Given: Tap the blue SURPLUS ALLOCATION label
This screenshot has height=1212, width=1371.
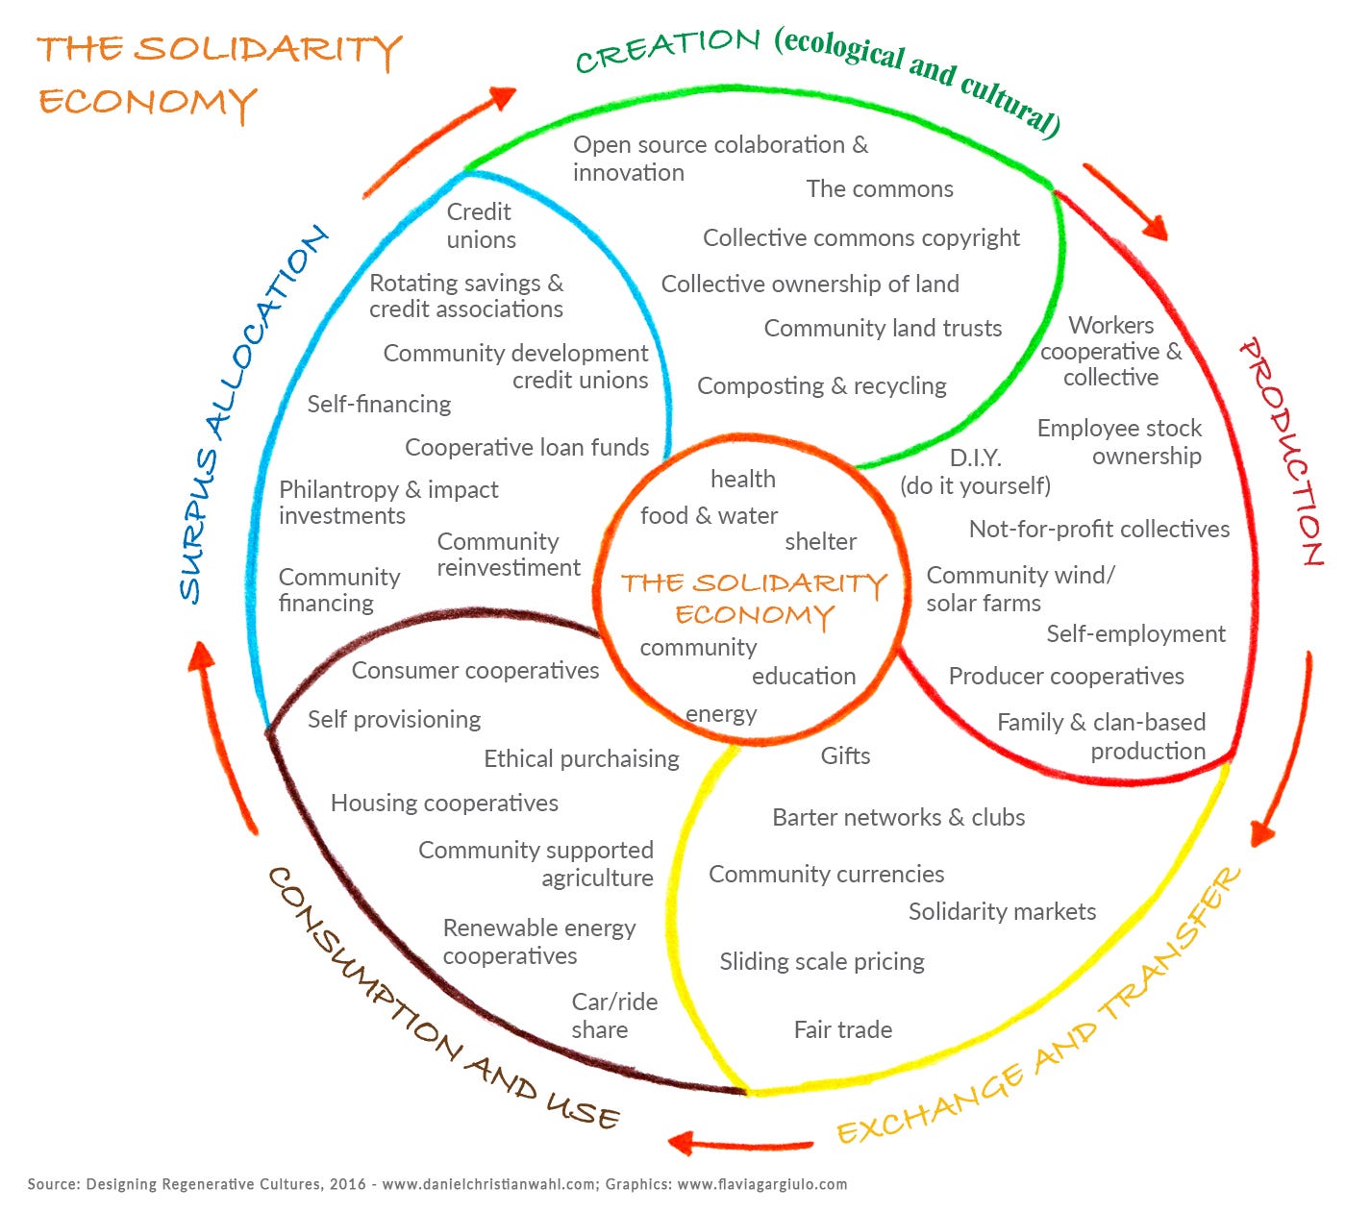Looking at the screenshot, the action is tap(253, 414).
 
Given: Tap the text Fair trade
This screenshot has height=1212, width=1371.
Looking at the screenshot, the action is tap(842, 1030).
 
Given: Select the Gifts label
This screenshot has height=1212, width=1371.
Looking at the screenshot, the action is tap(845, 755).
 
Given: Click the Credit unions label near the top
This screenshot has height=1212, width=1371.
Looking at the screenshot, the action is tap(481, 226).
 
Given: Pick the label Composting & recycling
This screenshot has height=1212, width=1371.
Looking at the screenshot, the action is tap(821, 386).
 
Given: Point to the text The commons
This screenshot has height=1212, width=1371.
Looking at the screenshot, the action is tap(880, 188).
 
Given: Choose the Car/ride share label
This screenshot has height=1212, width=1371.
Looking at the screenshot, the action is tap(614, 1016).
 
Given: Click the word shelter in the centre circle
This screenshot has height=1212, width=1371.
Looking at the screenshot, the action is tap(820, 541).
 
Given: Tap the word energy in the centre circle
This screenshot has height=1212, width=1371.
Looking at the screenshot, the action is tap(721, 715).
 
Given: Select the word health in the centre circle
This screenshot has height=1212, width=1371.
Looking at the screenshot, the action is tap(743, 479).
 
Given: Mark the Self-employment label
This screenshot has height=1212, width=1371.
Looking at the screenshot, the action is tap(1135, 634).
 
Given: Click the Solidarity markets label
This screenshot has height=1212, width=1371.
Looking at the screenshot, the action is tap(1002, 911).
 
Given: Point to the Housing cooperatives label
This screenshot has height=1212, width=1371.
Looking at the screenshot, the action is tap(444, 804).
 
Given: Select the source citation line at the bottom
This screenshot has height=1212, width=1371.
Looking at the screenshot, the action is tap(437, 1184).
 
